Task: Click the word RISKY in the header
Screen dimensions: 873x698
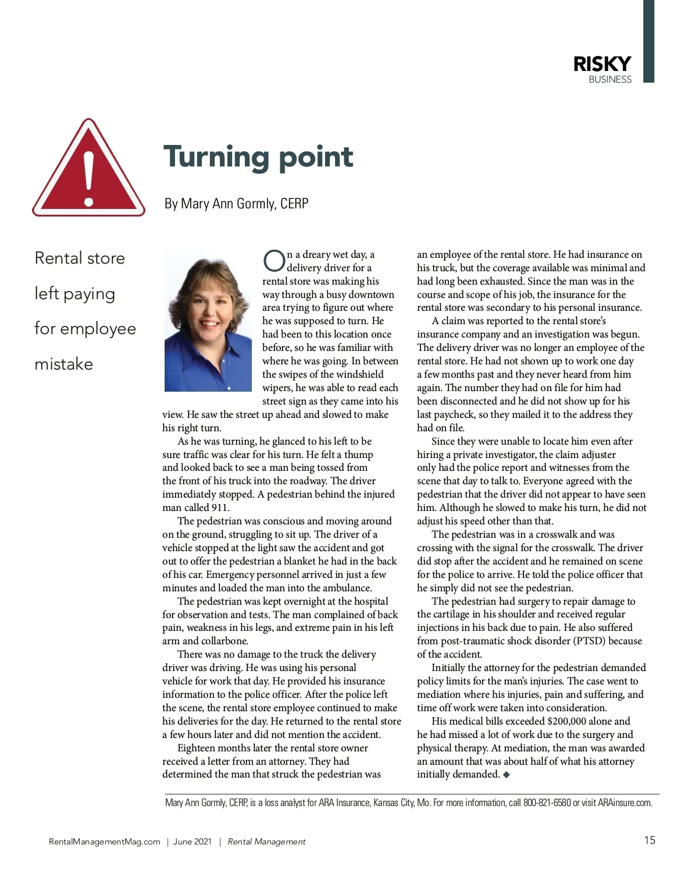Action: point(601,64)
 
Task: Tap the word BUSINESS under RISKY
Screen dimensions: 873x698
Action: point(610,80)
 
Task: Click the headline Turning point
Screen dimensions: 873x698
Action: point(258,157)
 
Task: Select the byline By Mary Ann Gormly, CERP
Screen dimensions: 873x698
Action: point(236,204)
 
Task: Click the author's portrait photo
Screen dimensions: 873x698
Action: point(208,321)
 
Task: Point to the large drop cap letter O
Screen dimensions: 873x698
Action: point(273,261)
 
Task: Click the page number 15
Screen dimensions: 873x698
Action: point(649,840)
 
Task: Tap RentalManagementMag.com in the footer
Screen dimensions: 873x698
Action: point(105,842)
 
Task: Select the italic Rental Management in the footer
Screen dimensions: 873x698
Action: point(266,842)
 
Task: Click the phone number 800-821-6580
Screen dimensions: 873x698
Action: point(547,803)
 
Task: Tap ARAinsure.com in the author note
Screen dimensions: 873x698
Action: point(625,803)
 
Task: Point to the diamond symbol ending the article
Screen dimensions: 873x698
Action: point(506,775)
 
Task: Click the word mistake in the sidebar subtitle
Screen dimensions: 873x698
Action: point(64,364)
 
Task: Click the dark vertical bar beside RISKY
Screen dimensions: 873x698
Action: point(649,41)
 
